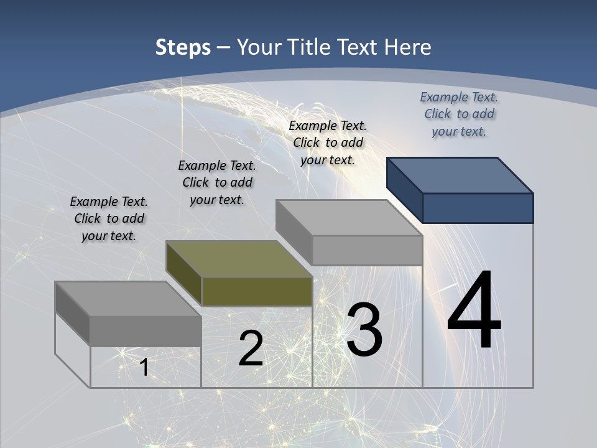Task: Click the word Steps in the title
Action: tap(183, 47)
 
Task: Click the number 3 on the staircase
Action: tap(364, 330)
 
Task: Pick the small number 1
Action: tap(144, 367)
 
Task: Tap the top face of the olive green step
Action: tap(239, 259)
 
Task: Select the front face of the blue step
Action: tap(478, 208)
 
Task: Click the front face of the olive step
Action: tap(257, 291)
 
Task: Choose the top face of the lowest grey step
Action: tap(128, 299)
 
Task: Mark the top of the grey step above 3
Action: tap(349, 218)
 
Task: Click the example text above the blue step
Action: tap(459, 114)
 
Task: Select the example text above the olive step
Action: tap(217, 182)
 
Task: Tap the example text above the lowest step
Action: tap(109, 218)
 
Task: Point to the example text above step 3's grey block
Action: tap(328, 142)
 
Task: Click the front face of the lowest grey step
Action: tap(146, 331)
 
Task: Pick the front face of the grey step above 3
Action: tap(367, 250)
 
